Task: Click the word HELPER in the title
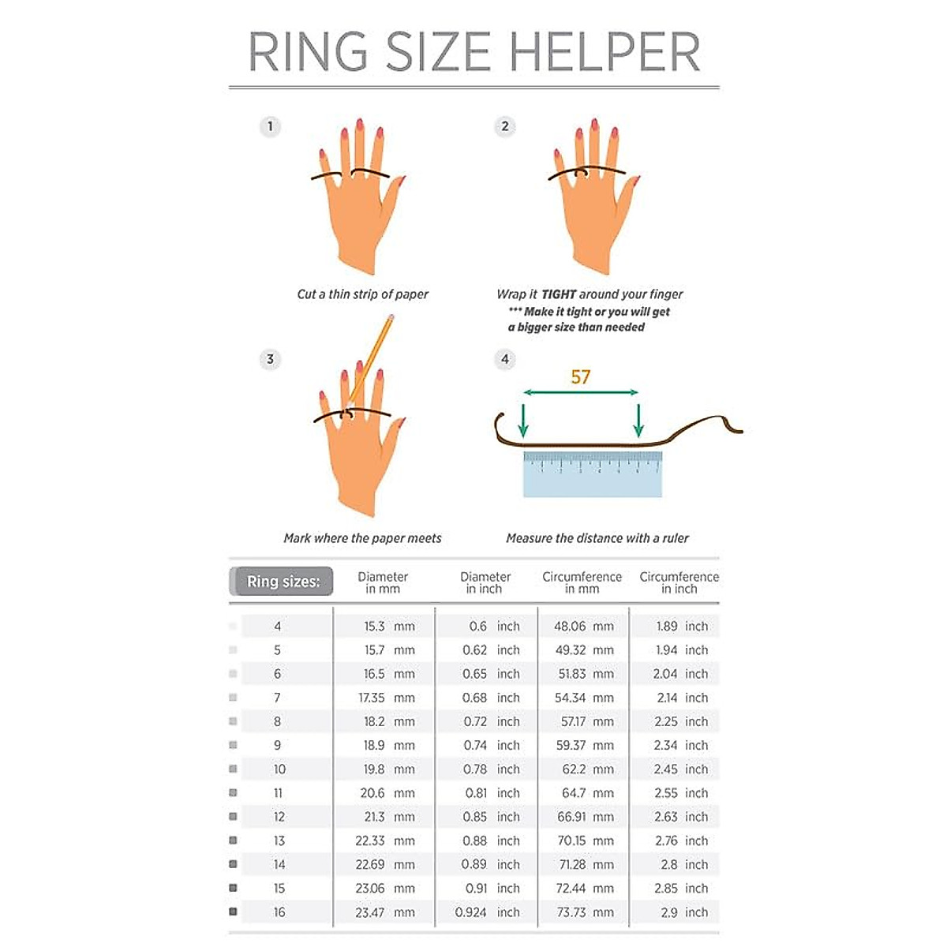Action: click(x=605, y=52)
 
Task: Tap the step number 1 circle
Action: click(x=270, y=126)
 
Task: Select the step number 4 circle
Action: click(x=505, y=360)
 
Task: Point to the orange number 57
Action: click(x=580, y=377)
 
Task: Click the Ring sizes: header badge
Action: click(x=283, y=582)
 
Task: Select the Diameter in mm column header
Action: click(x=383, y=582)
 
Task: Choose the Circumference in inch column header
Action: click(x=679, y=582)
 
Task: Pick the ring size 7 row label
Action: click(x=277, y=698)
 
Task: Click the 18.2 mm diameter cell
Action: click(x=388, y=721)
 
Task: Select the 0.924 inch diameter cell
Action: click(x=487, y=912)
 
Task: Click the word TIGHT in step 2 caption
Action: click(x=559, y=294)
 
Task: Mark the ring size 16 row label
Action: click(x=279, y=912)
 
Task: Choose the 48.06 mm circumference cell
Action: click(x=583, y=627)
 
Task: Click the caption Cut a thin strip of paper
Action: click(x=362, y=294)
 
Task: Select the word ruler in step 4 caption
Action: click(x=676, y=538)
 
